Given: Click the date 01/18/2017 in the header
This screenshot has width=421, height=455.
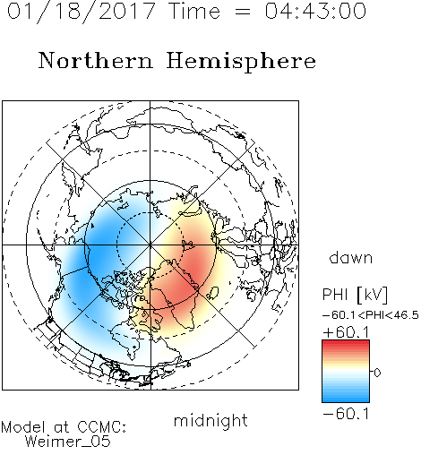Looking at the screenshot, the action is [82, 12].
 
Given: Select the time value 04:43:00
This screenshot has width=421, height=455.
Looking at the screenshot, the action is [315, 11].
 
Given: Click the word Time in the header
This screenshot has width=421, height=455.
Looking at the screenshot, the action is [194, 11].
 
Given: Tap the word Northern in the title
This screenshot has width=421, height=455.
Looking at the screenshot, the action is [96, 60].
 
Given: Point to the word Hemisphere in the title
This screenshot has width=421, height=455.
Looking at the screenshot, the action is [241, 62].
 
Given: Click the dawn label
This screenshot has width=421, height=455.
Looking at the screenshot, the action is [351, 258].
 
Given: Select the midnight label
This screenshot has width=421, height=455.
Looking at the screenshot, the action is [210, 420].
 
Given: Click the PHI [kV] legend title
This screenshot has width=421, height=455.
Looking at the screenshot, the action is [355, 295].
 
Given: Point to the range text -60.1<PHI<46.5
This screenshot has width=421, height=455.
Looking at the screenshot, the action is [371, 315].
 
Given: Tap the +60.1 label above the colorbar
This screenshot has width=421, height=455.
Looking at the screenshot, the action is [346, 332].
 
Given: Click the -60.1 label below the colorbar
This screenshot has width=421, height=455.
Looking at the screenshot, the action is [346, 414].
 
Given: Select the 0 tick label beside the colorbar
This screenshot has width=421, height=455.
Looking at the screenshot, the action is [377, 373].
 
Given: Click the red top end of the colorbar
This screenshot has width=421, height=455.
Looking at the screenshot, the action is [346, 342].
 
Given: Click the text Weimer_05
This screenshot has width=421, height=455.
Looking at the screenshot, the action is [68, 442].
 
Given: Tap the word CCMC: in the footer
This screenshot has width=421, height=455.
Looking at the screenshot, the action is [101, 427].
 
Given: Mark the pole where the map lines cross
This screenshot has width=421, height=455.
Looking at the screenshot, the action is [150, 245].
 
